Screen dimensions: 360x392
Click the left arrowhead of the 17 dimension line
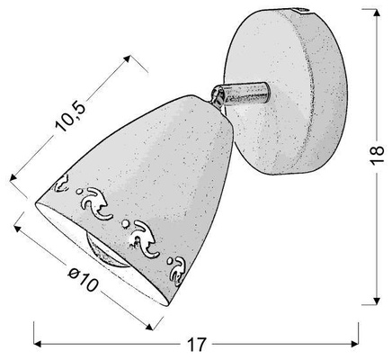pos(38,344)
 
